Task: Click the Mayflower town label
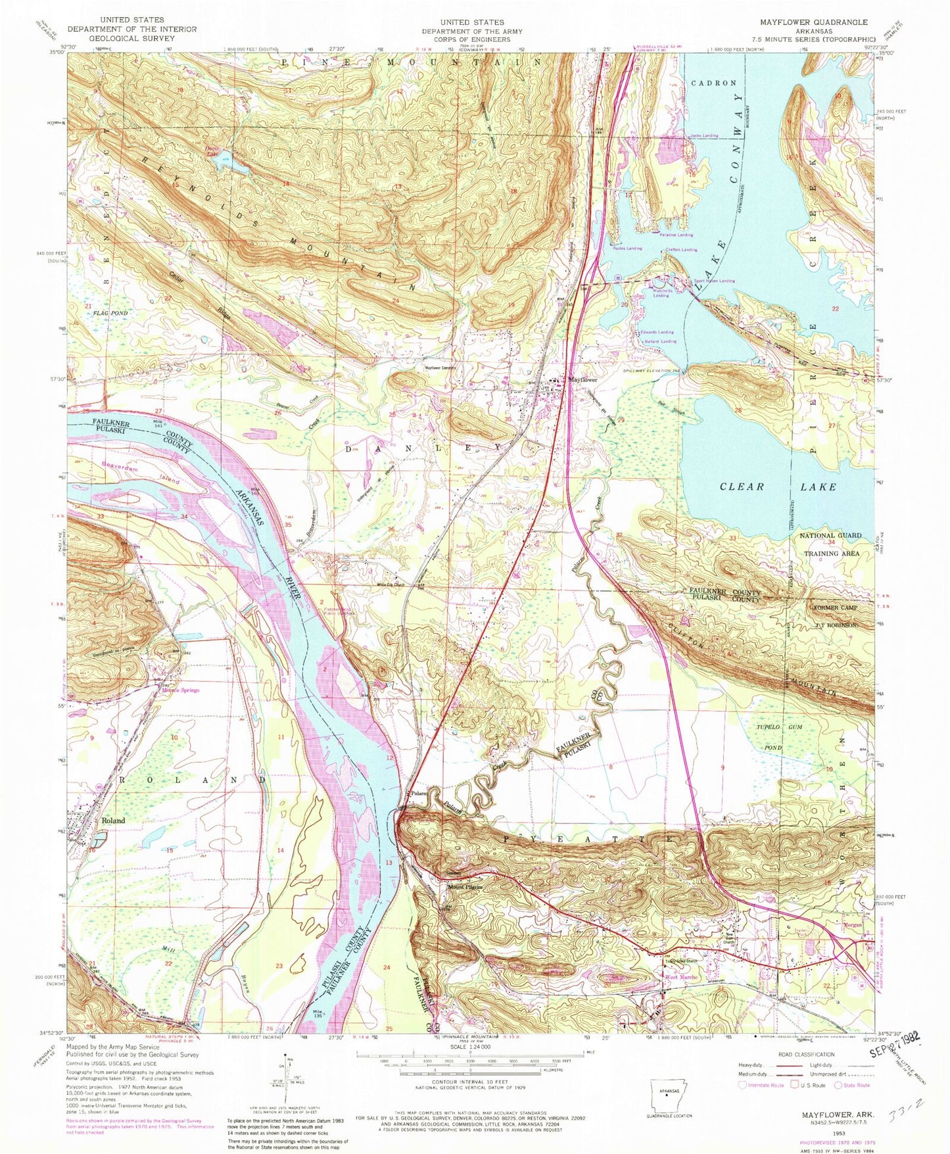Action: (x=582, y=380)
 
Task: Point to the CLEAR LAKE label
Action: (x=778, y=487)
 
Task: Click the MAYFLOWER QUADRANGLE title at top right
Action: (x=831, y=22)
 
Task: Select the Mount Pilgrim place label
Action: (x=465, y=887)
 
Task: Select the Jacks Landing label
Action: (x=703, y=135)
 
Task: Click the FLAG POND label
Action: (x=109, y=313)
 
